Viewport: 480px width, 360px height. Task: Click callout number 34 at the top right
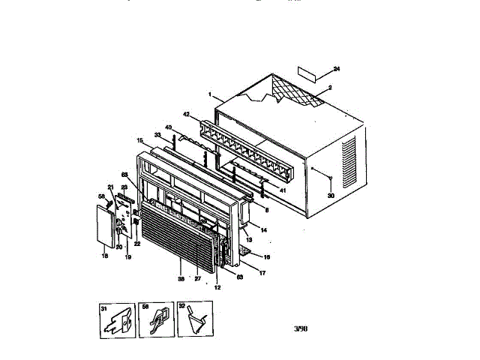click(337, 70)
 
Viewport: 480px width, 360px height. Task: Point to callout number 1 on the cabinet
click(211, 96)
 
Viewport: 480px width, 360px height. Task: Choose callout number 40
click(168, 127)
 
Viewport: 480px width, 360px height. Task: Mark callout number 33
click(157, 135)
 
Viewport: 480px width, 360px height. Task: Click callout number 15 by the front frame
click(139, 140)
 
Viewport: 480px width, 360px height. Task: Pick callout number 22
click(136, 244)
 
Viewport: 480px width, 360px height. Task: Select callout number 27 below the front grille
click(199, 278)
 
